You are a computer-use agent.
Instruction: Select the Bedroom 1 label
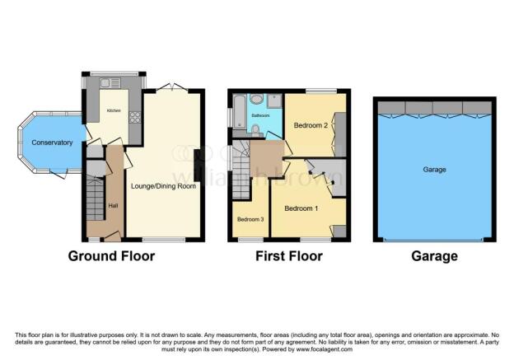pos(302,208)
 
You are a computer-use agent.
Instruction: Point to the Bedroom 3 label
pos(250,219)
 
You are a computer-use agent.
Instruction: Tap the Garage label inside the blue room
pos(434,170)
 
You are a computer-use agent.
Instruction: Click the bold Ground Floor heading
pos(111,256)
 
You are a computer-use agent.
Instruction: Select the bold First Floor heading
pos(289,256)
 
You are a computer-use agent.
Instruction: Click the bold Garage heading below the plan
pos(434,256)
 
